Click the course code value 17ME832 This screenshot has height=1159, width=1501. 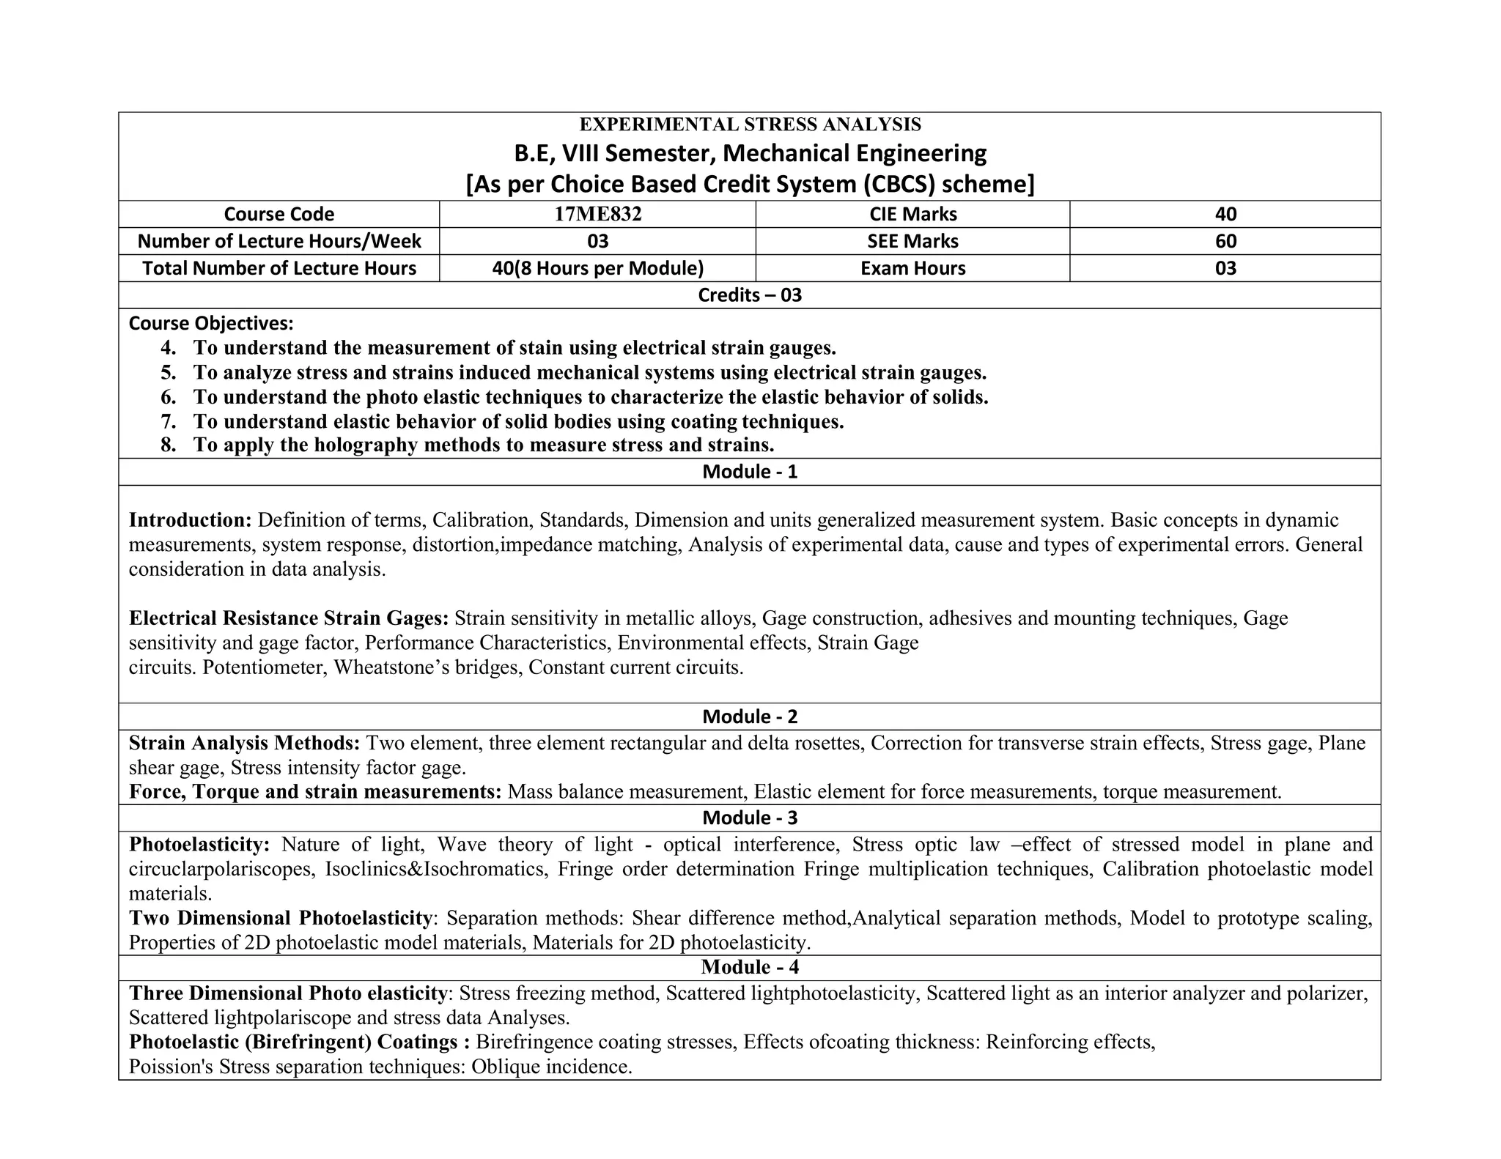[597, 214]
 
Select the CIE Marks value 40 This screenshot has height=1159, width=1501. [1225, 214]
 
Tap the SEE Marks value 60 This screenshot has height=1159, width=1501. [1225, 241]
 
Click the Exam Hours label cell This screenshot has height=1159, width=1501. [912, 268]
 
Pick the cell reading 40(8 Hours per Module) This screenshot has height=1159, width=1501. [597, 268]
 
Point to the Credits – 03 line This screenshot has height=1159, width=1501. [749, 295]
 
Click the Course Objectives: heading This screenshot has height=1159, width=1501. [211, 323]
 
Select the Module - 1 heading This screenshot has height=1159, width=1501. [749, 472]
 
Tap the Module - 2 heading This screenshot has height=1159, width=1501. [749, 716]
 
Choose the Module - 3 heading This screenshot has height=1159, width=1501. [749, 818]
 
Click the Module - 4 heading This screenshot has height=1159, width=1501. [749, 967]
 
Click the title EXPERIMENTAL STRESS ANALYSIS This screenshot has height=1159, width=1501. [750, 125]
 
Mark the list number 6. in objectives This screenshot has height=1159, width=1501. [169, 397]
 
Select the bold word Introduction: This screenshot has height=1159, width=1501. [191, 520]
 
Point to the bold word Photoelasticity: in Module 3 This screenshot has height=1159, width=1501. [199, 845]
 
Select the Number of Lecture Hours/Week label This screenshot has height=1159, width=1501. [279, 241]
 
